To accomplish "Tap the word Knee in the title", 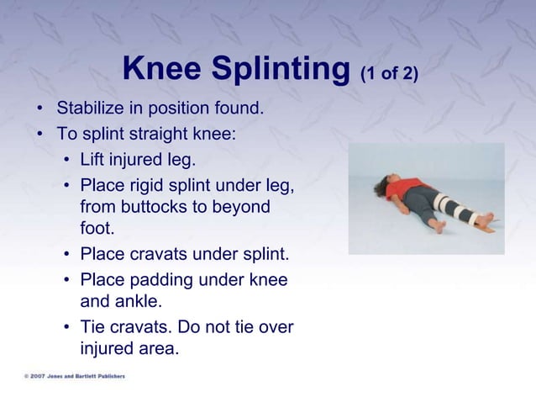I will point(160,70).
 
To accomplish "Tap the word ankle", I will point(142,302).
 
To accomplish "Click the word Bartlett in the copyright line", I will point(87,376).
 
